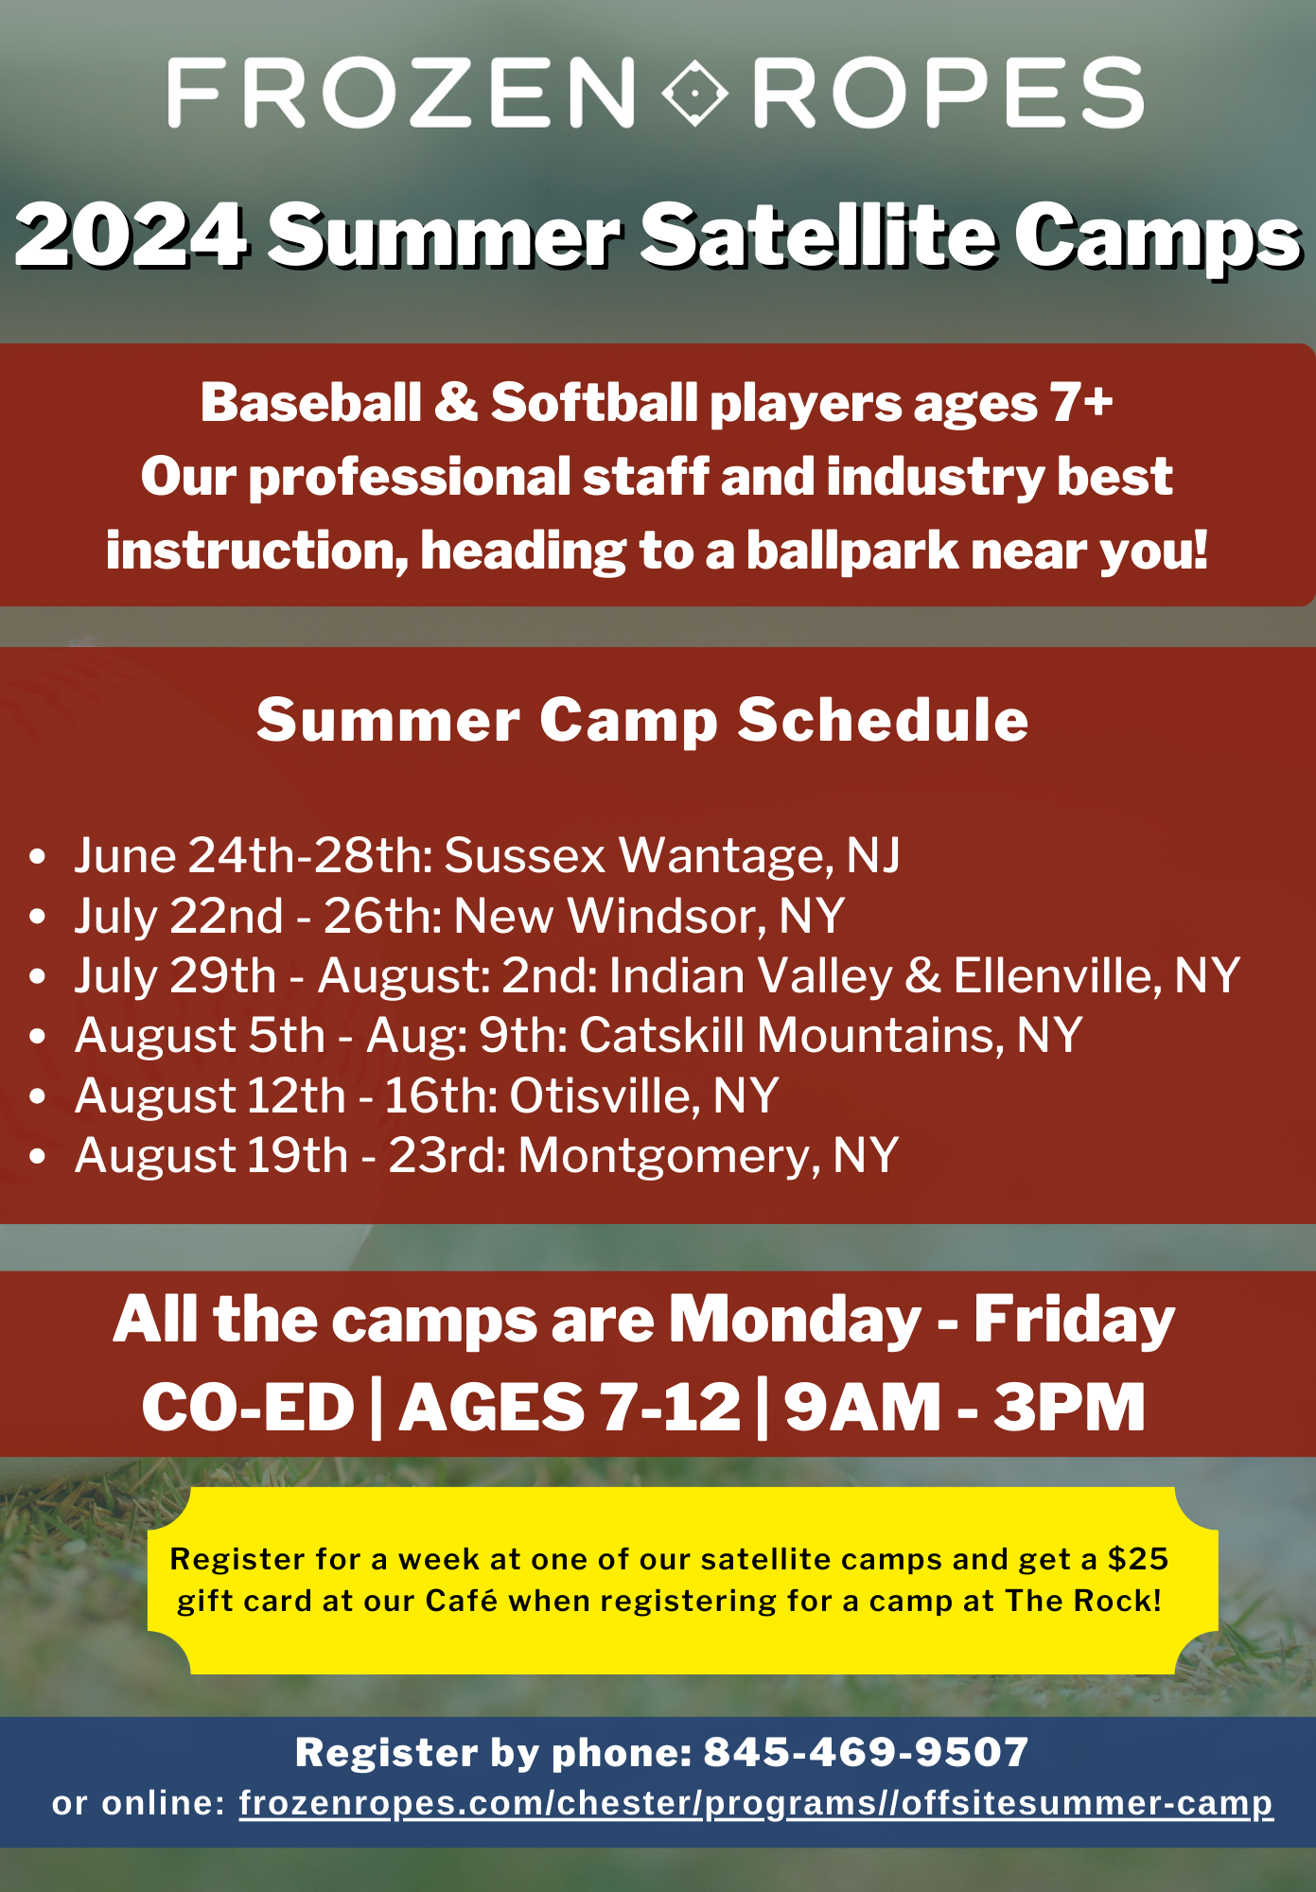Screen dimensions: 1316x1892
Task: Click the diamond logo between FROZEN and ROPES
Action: pyautogui.click(x=695, y=93)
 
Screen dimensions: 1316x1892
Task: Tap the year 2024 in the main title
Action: pyautogui.click(x=132, y=236)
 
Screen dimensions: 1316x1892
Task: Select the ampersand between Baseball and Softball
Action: pyautogui.click(x=456, y=403)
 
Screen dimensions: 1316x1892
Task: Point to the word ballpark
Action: pyautogui.click(x=852, y=552)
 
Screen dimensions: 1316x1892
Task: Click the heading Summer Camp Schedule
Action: pyautogui.click(x=642, y=721)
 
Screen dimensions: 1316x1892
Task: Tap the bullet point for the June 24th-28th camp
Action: pyautogui.click(x=38, y=857)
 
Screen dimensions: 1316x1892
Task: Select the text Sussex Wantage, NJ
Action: pyautogui.click(x=672, y=856)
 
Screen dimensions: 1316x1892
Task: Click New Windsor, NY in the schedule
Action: pyautogui.click(x=649, y=916)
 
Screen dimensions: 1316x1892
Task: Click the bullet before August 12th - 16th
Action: pyautogui.click(x=38, y=1096)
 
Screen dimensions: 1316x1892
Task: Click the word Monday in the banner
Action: pyautogui.click(x=795, y=1321)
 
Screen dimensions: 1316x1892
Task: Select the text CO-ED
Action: pyautogui.click(x=248, y=1408)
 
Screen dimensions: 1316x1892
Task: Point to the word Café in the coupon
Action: pyautogui.click(x=461, y=1601)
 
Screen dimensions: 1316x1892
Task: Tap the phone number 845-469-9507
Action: pyautogui.click(x=866, y=1752)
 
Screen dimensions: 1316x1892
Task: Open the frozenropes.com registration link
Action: pyautogui.click(x=756, y=1804)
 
